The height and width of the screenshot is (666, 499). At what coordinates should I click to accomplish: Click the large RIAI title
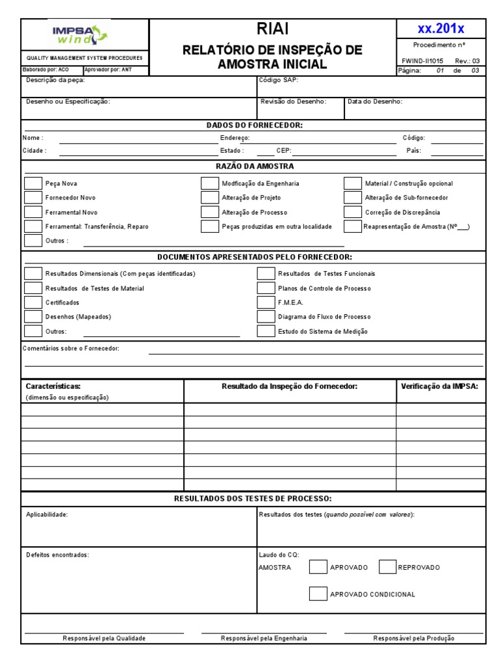point(272,29)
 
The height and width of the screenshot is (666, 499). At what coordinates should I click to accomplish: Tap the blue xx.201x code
point(441,29)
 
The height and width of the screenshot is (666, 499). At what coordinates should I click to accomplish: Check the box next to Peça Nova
point(33,183)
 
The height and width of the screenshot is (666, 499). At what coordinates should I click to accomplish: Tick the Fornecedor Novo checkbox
point(33,198)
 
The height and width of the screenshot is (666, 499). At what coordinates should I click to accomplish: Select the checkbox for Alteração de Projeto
point(209,198)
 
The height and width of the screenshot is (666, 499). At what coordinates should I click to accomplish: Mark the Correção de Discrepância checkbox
point(353,212)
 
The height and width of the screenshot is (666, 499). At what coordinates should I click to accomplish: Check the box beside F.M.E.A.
point(266,302)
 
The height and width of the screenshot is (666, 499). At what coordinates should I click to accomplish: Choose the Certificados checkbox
point(33,302)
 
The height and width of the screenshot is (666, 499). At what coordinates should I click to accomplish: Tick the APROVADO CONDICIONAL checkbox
point(318,594)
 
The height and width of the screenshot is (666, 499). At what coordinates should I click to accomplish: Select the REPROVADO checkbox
point(387,567)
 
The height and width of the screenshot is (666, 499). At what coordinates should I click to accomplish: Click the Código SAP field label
point(279,81)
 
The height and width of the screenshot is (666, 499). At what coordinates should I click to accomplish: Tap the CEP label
point(283,150)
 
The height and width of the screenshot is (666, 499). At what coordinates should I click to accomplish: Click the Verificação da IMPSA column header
point(439,386)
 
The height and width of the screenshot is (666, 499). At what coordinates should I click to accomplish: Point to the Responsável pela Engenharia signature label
point(264,638)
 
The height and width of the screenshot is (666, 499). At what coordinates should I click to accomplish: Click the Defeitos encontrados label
point(57,555)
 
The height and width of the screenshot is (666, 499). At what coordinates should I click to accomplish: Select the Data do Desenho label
point(375,101)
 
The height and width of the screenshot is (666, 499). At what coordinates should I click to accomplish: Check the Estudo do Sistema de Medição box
point(266,331)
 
